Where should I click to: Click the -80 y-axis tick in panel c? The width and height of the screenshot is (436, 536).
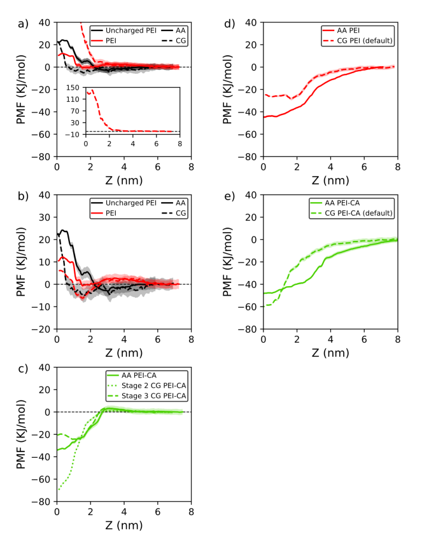tap(42, 502)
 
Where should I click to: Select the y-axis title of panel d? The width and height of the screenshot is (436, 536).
tap(235, 89)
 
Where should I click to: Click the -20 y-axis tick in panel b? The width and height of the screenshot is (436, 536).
tap(42, 329)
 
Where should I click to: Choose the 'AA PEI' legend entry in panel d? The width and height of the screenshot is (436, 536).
tap(349, 30)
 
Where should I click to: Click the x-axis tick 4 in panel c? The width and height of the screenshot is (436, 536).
tap(124, 511)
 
